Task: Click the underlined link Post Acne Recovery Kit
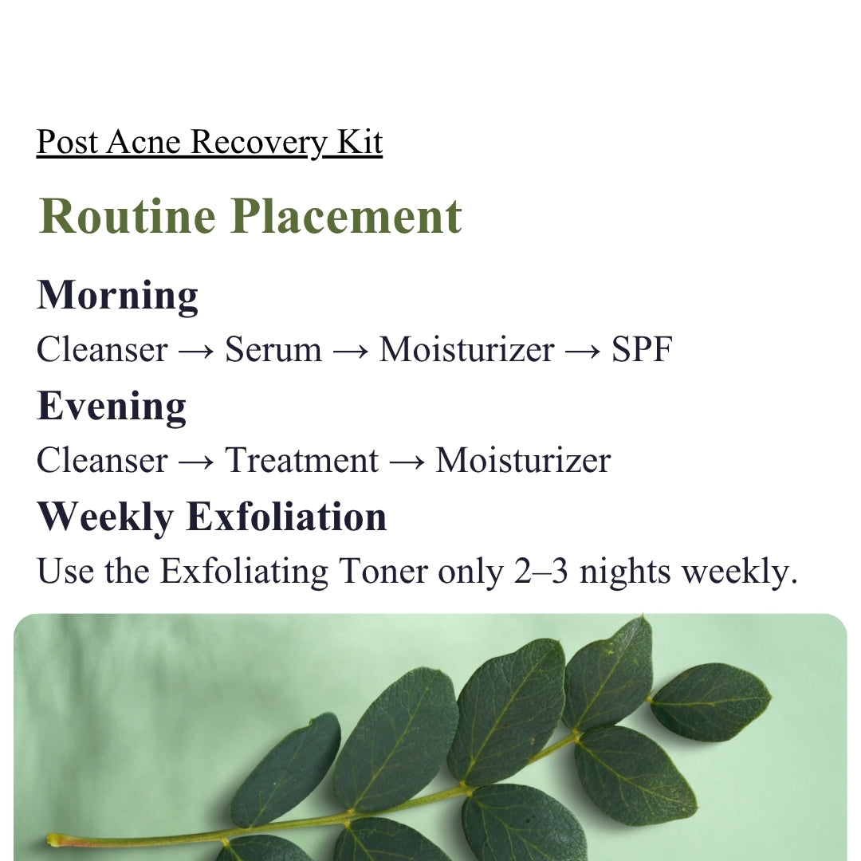209,142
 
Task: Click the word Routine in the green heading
128,216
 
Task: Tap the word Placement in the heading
346,216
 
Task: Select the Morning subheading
117,297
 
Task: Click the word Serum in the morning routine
273,349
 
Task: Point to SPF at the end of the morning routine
642,349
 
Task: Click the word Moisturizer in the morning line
466,349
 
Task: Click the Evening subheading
112,407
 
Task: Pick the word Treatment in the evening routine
301,460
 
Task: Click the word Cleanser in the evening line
102,460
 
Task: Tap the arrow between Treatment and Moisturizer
407,462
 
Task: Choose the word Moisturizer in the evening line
523,460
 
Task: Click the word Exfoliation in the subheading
287,517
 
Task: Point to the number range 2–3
541,571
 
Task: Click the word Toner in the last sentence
383,571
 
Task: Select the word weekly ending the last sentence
739,571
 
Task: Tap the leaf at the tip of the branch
710,702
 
